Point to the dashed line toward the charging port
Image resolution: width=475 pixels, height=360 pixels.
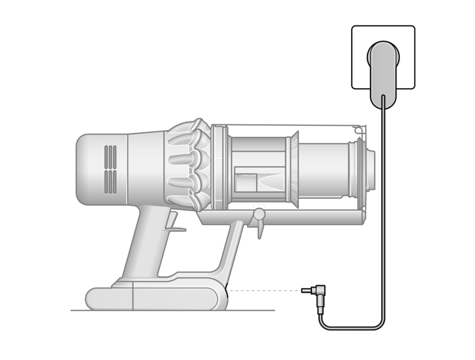(x=264, y=291)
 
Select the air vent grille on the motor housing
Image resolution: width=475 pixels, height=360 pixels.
(x=110, y=169)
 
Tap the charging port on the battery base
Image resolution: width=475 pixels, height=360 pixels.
(x=227, y=291)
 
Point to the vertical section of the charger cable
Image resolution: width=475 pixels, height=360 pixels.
(x=384, y=206)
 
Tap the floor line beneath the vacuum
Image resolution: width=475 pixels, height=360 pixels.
(x=256, y=310)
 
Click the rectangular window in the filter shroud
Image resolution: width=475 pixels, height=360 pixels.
(x=246, y=181)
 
